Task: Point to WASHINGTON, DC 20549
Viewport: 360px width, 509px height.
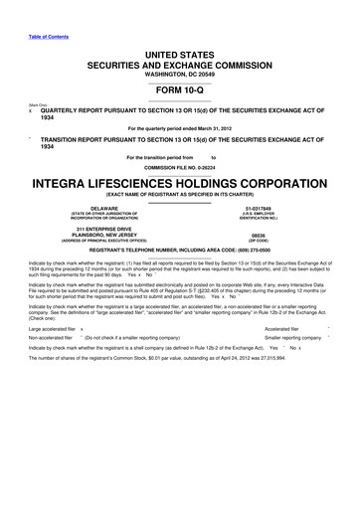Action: pos(180,74)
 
